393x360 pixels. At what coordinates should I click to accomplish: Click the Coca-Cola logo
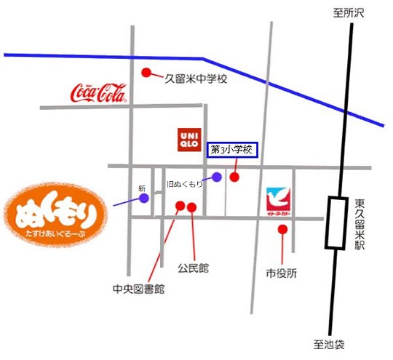[x=98, y=92]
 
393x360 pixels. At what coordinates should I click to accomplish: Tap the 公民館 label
[x=193, y=268]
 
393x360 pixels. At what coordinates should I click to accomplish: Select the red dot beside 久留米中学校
[x=146, y=73]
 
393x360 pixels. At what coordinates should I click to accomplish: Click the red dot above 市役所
[x=282, y=230]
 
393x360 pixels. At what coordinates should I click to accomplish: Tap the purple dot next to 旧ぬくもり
[x=217, y=177]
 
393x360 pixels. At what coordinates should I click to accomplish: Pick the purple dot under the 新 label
[x=144, y=198]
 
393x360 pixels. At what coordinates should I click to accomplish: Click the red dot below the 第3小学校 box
[x=234, y=177]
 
